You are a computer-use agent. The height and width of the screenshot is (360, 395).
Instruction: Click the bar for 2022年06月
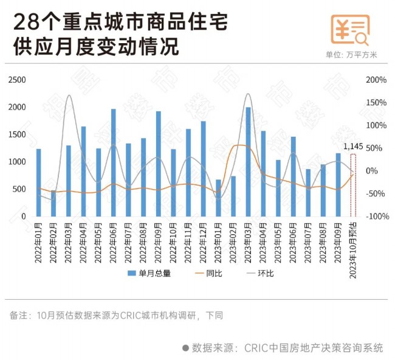point(113,162)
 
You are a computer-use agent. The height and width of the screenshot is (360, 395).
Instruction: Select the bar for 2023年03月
point(248,161)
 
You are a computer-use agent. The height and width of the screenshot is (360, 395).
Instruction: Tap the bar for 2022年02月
point(53,203)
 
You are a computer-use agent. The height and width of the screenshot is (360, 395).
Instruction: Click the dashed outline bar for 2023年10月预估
point(353,185)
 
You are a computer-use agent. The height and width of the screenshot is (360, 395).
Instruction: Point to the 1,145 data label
point(353,147)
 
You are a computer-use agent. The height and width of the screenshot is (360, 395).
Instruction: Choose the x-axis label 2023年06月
point(293,242)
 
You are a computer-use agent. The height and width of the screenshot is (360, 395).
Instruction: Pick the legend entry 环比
point(259,274)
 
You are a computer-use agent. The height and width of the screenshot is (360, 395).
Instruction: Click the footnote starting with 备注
point(115,316)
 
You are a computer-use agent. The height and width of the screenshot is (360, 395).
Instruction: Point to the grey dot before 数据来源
point(186,348)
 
